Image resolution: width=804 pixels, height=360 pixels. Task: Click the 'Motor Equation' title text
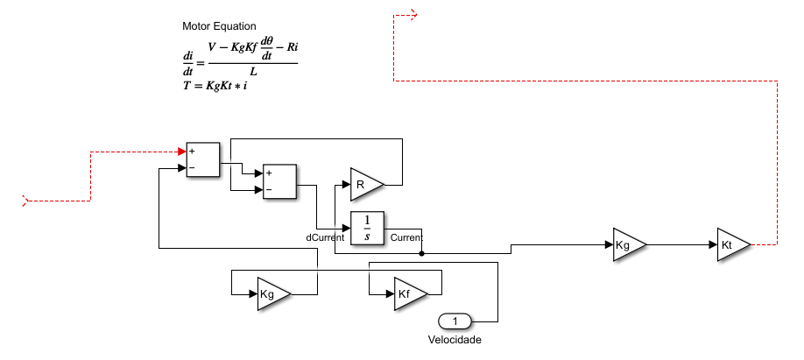tap(219, 27)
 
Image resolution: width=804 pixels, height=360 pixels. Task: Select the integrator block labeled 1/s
tap(368, 229)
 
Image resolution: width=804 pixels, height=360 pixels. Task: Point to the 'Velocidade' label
tap(455, 339)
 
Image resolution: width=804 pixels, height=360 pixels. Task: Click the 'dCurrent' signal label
tap(324, 237)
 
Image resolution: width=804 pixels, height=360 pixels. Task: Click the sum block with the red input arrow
tap(202, 159)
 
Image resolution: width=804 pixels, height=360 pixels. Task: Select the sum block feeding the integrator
tap(280, 181)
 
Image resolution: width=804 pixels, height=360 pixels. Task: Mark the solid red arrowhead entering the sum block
tap(182, 152)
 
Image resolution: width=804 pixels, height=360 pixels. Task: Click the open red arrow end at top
tap(414, 15)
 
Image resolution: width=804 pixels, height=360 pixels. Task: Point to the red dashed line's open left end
tap(26, 201)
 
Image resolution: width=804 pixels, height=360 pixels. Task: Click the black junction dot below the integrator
tap(422, 254)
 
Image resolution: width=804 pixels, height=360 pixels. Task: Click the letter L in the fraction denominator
tap(252, 72)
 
